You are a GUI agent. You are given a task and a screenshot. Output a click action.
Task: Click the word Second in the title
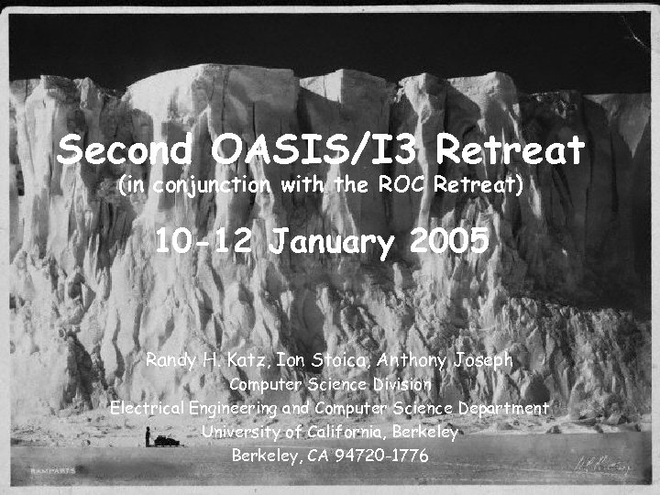pyautogui.click(x=126, y=148)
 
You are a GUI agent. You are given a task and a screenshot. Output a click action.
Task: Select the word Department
pyautogui.click(x=501, y=408)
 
